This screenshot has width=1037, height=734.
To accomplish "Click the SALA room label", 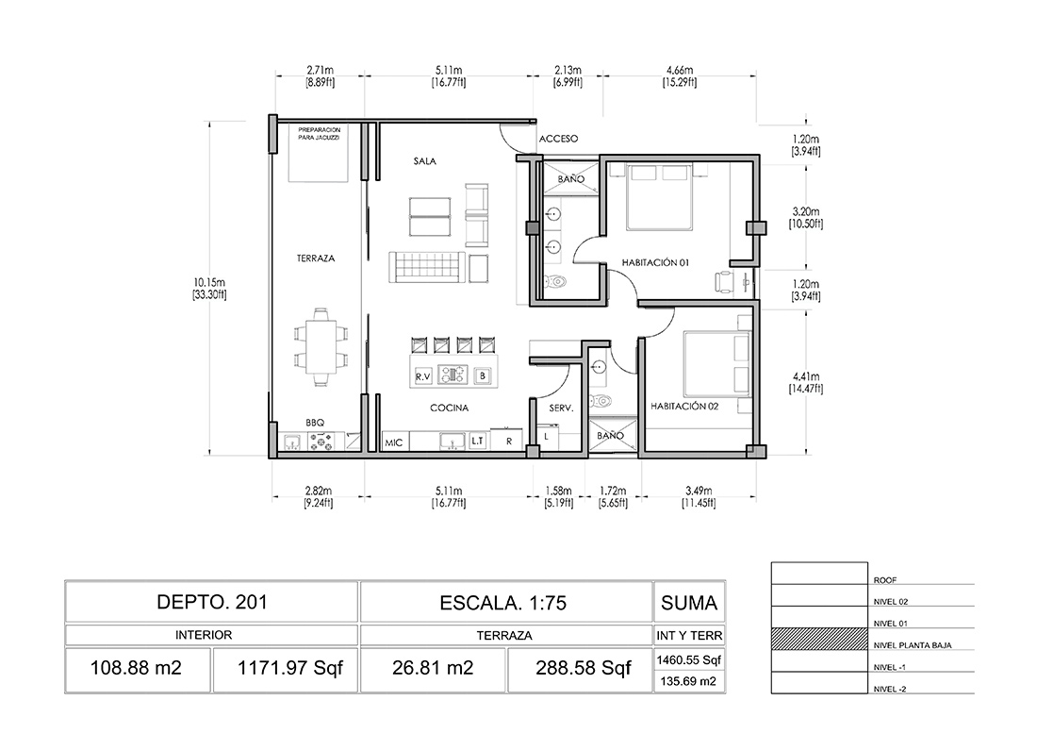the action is (424, 160).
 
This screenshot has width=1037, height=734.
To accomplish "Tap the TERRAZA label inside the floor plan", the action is (316, 259).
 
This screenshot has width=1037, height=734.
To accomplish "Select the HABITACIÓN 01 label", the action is (655, 262).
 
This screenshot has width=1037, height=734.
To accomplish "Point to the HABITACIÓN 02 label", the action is (684, 406).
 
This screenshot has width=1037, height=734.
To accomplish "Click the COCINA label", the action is (449, 408).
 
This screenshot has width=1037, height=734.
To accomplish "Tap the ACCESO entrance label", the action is (558, 139).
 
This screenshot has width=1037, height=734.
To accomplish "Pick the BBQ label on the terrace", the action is (315, 423).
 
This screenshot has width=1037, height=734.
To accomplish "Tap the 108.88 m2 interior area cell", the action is (137, 668).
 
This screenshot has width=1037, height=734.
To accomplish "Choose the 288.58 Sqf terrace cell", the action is (584, 668).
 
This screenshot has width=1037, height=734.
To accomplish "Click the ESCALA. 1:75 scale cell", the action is (504, 602).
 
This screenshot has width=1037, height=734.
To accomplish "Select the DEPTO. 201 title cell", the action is (211, 602).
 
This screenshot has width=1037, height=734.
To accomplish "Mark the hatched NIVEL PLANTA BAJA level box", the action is (819, 640).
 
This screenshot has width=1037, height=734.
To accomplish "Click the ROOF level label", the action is (885, 580).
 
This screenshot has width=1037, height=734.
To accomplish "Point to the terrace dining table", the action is (321, 346).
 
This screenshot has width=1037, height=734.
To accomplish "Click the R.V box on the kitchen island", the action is (423, 376).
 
